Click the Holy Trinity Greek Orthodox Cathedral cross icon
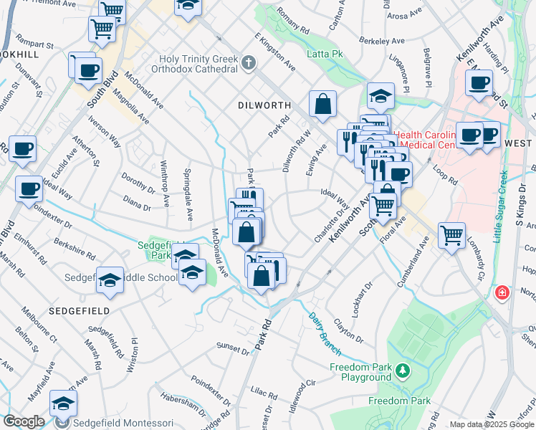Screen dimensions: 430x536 (249, 63)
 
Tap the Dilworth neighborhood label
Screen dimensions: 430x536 (264, 105)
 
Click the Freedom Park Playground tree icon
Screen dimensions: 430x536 (403, 370)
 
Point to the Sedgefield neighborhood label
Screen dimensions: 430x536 (79, 311)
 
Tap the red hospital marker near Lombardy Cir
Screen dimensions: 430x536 (502, 292)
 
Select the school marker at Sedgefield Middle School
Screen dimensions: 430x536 (110, 279)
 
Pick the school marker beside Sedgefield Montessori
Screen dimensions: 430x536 (63, 403)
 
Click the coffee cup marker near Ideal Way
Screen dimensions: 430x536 (28, 188)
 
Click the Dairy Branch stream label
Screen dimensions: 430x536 (325, 329)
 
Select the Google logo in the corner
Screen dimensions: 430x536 (24, 421)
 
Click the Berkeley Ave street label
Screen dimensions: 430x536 (388, 41)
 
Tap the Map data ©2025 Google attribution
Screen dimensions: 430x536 (491, 424)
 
